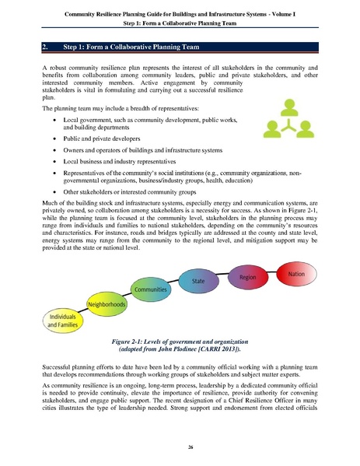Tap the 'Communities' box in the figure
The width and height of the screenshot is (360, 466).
151,289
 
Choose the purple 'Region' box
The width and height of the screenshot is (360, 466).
248,277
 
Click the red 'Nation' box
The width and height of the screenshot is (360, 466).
295,275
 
